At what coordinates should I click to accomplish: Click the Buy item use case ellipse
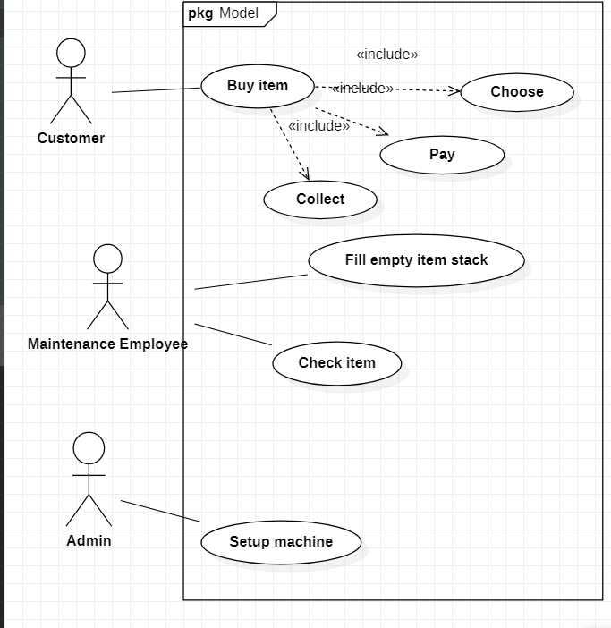258,87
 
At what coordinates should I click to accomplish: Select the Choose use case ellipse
516,92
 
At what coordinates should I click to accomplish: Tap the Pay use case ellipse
442,155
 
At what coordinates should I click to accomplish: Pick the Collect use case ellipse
320,199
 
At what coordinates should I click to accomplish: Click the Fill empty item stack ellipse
416,260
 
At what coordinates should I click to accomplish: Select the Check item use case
336,363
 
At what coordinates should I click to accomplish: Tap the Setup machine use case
281,542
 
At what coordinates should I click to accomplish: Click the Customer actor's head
71,52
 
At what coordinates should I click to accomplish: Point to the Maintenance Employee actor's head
107,259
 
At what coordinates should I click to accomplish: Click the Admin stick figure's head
89,447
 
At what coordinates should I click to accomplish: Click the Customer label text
71,139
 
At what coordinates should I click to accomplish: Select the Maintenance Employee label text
107,344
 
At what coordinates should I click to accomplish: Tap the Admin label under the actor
89,540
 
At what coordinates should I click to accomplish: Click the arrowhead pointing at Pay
383,133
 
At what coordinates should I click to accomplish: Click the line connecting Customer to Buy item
157,90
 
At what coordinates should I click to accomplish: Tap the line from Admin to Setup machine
161,511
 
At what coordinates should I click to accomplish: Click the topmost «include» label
387,55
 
